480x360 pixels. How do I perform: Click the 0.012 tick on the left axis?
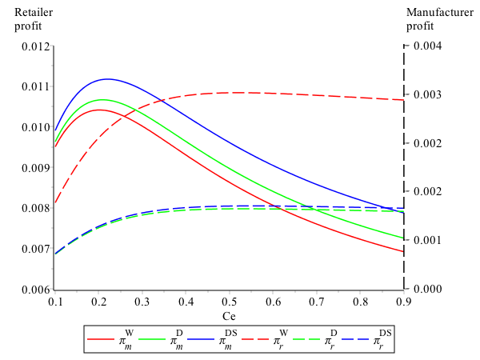(34, 46)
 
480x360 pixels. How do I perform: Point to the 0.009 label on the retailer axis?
(34, 167)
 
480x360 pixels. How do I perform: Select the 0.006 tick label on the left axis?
(34, 289)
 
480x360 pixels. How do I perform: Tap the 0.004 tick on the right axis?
(424, 46)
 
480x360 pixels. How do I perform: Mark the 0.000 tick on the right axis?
(424, 289)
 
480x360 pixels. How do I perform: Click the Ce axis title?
(229, 318)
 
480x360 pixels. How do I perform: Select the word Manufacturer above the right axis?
(440, 12)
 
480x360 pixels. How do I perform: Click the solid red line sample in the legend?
(102, 340)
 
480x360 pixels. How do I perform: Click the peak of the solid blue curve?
(107, 78)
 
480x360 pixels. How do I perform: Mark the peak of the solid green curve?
(102, 99)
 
